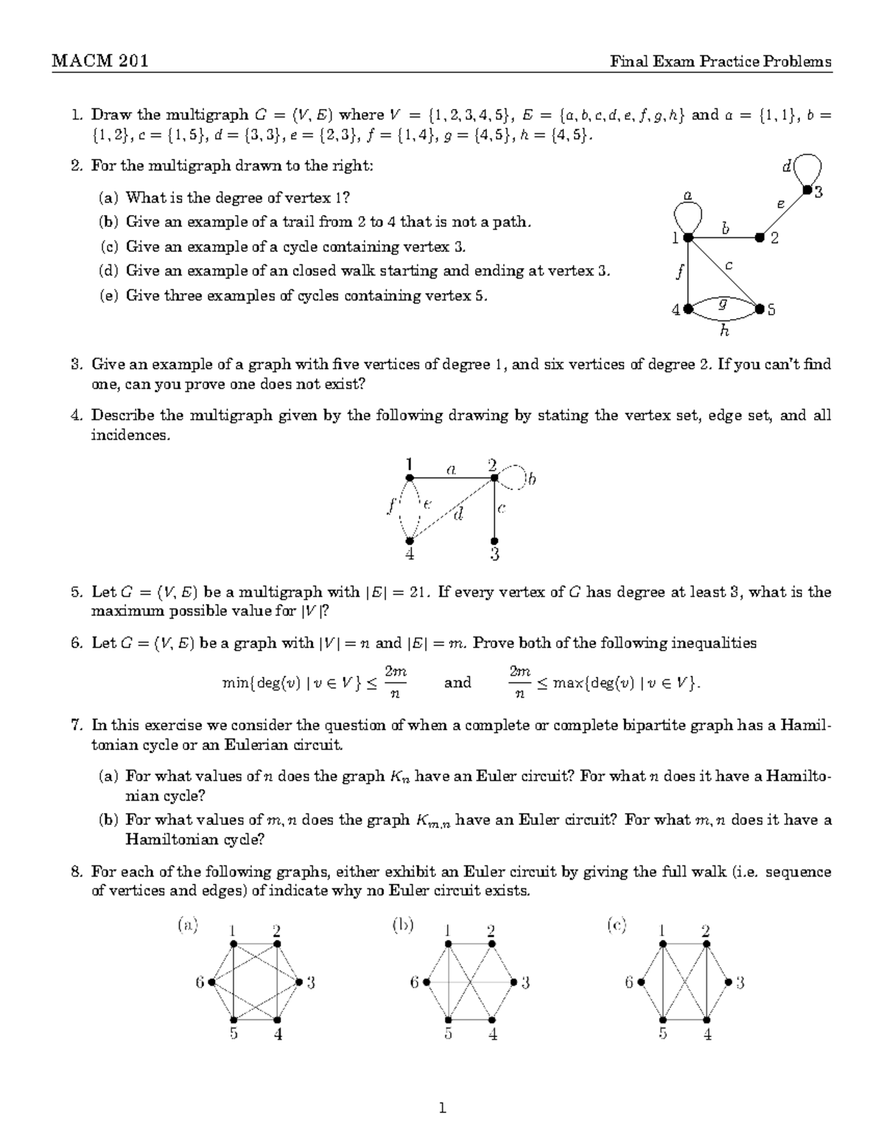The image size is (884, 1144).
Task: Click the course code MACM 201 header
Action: coord(100,61)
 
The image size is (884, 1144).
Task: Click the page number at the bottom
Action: coord(442,1107)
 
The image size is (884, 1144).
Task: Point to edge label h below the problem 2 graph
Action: coord(724,331)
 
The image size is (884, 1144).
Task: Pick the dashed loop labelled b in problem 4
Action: coord(516,479)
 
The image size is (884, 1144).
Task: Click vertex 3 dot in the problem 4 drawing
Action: coord(494,541)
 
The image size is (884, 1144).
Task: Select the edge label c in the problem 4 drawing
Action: coord(501,508)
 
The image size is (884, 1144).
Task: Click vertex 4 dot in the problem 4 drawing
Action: coord(410,541)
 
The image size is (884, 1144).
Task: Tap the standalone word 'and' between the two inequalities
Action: coord(457,683)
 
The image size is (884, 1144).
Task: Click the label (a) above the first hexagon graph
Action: coord(188,924)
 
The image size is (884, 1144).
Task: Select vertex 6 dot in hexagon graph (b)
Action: coord(427,982)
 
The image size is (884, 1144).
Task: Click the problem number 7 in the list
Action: coord(75,725)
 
